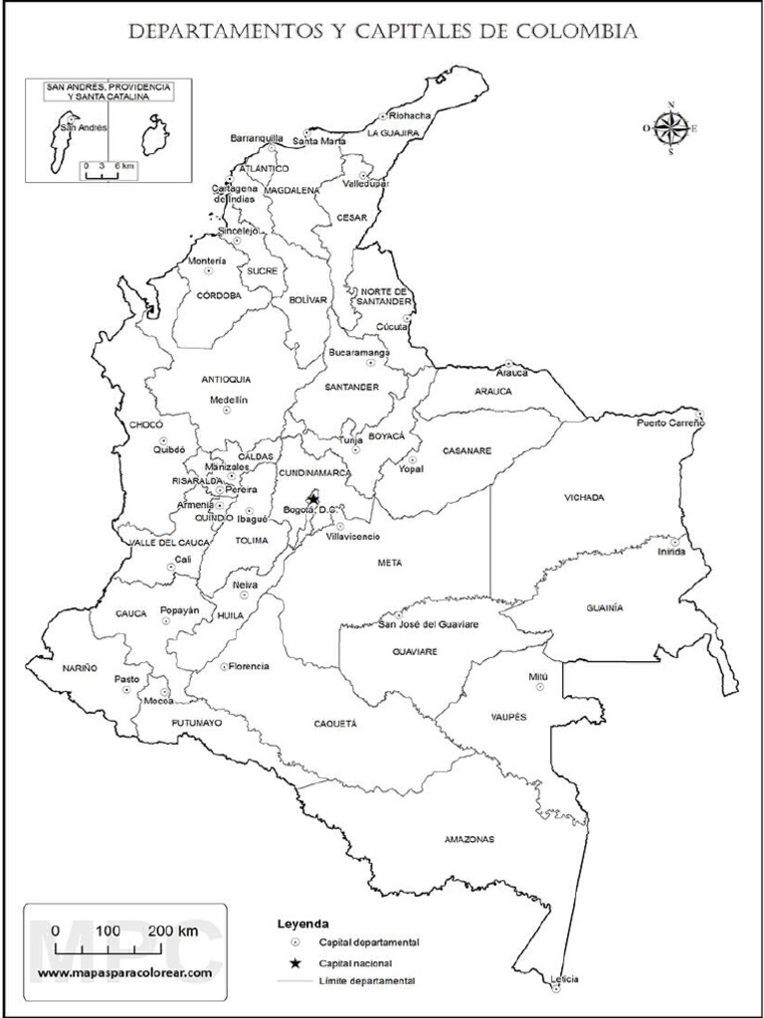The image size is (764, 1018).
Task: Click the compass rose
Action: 670,127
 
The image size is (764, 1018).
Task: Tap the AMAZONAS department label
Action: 469,840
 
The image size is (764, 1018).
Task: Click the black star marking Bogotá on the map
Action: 312,498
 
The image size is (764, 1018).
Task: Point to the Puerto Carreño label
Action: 670,424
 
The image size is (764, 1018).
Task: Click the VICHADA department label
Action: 584,497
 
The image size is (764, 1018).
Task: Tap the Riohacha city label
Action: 410,115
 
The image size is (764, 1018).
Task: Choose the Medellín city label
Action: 228,400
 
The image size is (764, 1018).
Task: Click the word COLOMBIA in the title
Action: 575,33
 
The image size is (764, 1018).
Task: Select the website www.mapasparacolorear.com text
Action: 125,971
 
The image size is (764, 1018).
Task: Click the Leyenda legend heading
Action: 303,924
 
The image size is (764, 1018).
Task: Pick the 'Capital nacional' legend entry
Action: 355,963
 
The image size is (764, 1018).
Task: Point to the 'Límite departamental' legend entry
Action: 367,981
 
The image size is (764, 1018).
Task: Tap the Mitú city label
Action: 538,676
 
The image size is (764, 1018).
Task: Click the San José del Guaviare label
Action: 430,624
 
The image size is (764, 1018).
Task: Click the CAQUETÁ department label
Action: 335,724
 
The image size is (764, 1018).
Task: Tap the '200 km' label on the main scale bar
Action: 173,931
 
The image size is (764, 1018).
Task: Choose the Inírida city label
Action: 671,553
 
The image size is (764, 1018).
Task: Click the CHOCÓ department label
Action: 146,424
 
